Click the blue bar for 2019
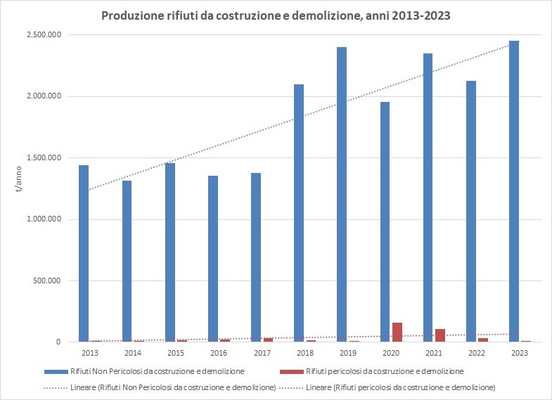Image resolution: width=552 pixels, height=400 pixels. click(341, 195)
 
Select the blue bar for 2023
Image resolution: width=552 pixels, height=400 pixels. click(514, 191)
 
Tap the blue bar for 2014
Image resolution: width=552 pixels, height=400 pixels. click(127, 261)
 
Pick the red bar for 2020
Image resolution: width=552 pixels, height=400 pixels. click(397, 332)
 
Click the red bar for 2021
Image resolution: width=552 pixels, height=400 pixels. click(439, 335)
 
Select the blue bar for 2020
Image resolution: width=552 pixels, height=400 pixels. click(385, 222)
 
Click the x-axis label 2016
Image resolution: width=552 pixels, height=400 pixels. click(219, 352)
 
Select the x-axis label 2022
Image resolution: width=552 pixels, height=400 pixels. click(477, 352)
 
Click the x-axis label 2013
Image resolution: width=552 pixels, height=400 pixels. click(89, 352)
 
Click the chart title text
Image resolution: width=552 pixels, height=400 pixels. click(276, 15)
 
